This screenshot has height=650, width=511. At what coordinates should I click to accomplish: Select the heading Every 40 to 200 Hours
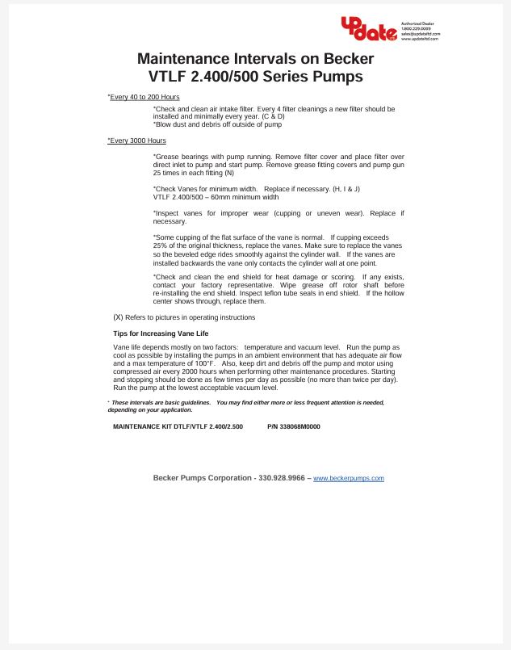point(145,97)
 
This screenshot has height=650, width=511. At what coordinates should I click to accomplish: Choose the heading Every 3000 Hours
point(137,140)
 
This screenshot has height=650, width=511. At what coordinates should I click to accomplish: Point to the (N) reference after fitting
point(229,173)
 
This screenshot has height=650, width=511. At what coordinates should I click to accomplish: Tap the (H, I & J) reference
point(344,189)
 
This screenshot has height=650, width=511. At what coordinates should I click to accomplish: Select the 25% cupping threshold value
point(160,245)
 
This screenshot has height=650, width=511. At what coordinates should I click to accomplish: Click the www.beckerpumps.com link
point(348,478)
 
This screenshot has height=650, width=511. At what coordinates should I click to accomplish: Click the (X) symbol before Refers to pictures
point(118,317)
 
